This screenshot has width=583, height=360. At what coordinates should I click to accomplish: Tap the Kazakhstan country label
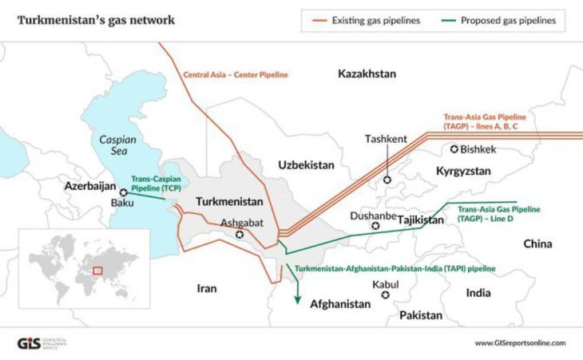[x=367, y=73]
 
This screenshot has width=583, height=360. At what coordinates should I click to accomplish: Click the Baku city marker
[x=123, y=192]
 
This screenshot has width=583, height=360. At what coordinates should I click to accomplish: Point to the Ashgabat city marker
[x=240, y=235]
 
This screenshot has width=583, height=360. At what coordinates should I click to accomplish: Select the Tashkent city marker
[x=387, y=180]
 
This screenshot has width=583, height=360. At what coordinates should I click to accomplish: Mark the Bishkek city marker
[x=456, y=148]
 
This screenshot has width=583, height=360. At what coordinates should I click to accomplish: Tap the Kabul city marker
[x=386, y=295]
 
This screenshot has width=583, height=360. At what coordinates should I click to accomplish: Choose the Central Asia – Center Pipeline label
[x=235, y=74]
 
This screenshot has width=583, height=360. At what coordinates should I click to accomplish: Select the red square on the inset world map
[x=98, y=271]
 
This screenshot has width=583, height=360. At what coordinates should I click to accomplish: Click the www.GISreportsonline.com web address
[x=519, y=343]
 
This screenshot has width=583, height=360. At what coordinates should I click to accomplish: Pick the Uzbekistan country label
[x=305, y=164]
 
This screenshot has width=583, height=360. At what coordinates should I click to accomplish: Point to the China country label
[x=540, y=243]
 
